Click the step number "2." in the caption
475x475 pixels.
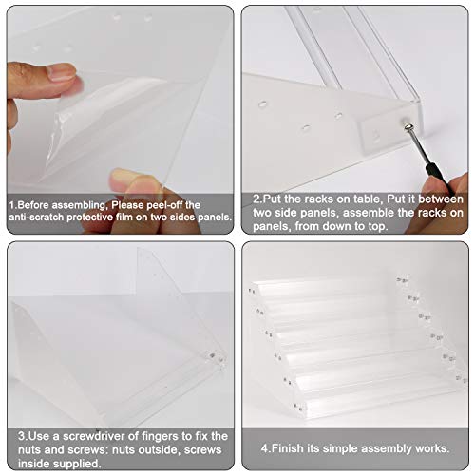(x=258, y=199)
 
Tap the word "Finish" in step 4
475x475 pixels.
(x=287, y=448)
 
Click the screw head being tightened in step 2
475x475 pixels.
(x=408, y=127)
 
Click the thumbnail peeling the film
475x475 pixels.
(x=62, y=72)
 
